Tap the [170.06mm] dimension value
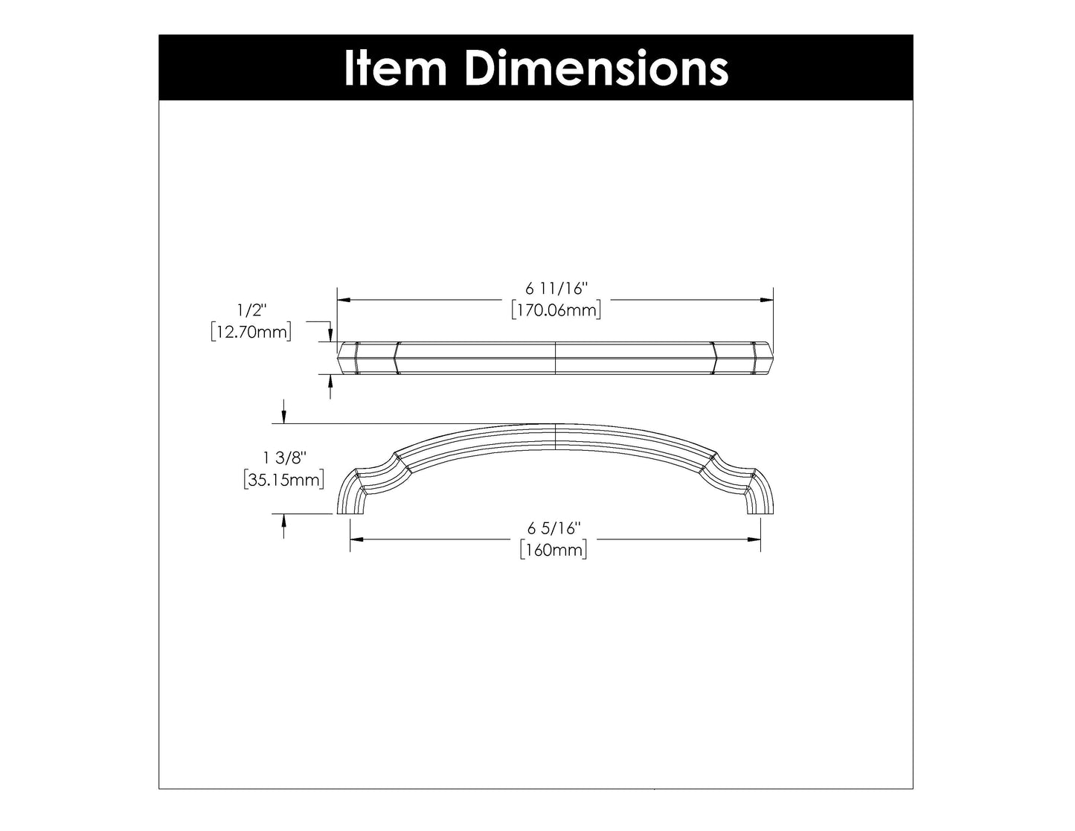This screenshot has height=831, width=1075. pos(556,309)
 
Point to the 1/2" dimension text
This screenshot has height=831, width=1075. pos(251,309)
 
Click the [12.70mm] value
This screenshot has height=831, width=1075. pos(251,332)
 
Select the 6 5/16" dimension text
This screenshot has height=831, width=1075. pos(553,528)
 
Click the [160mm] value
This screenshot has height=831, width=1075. pos(553,551)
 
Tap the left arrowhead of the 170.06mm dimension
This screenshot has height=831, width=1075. pos(344,300)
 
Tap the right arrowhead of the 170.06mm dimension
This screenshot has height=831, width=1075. pos(767,300)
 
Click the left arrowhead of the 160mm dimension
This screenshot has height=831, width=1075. pos(356,539)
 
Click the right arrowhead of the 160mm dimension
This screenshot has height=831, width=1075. pos(754,539)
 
